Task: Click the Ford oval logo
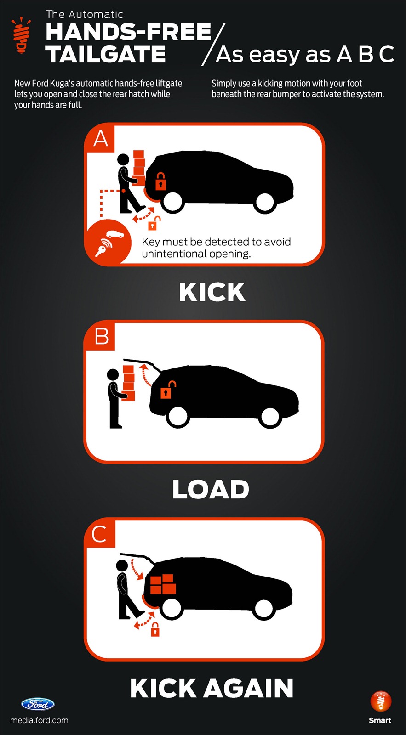[38, 704]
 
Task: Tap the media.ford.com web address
[40, 720]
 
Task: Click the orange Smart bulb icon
[381, 701]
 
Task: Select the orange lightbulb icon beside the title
[21, 35]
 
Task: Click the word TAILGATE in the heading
[105, 54]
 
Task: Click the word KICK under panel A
[212, 292]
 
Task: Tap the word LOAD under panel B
[211, 489]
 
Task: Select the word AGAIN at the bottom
[248, 689]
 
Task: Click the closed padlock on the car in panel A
[160, 181]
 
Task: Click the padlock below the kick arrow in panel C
[155, 629]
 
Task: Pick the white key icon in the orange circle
[103, 247]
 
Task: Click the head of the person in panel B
[113, 375]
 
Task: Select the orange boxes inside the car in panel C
[162, 584]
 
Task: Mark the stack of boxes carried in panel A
[139, 167]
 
